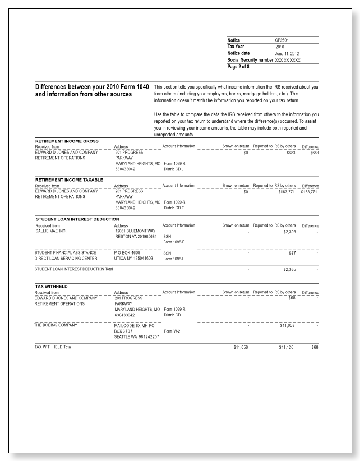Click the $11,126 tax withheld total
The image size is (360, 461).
pos(288,348)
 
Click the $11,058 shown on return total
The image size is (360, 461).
pos(239,348)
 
